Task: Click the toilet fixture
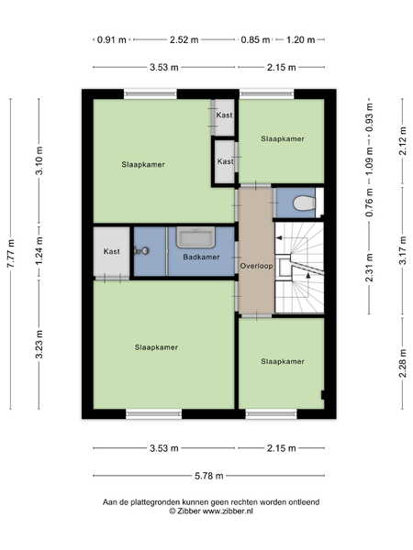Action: point(305,203)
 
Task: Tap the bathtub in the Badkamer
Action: point(195,237)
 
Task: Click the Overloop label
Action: point(256,266)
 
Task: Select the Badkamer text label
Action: point(201,257)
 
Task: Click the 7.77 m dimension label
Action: point(11,254)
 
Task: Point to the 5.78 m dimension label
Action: point(209,476)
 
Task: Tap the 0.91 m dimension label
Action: point(111,39)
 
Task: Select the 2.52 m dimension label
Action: point(184,39)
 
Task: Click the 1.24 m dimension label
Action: point(39,251)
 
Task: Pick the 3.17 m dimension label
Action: point(403,250)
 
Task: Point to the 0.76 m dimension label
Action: point(369,203)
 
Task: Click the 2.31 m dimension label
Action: point(369,268)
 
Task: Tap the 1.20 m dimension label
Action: point(301,39)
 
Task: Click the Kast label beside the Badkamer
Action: point(112,251)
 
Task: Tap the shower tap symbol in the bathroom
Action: point(141,251)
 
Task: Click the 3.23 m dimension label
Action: point(39,344)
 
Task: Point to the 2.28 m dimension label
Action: point(403,363)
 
